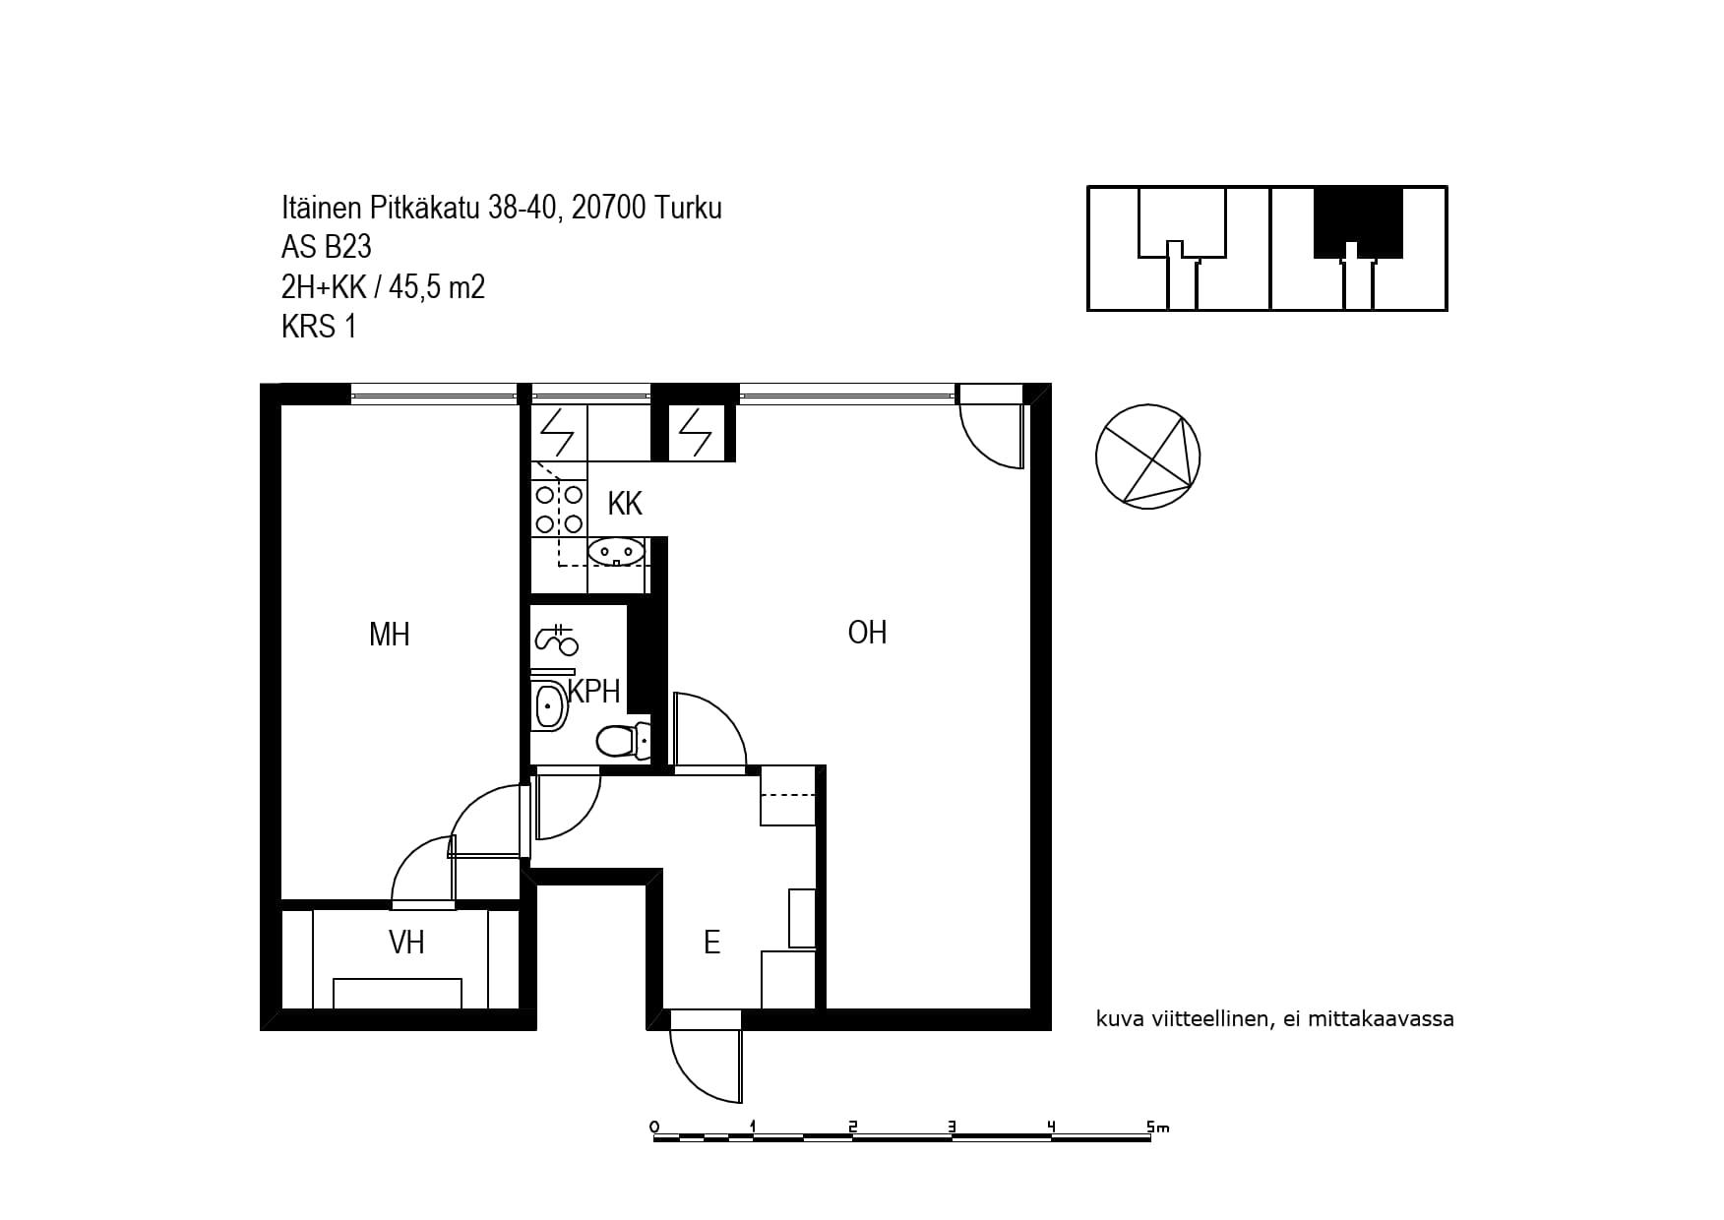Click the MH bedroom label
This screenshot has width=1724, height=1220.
(x=389, y=635)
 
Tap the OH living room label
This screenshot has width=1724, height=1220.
(x=867, y=632)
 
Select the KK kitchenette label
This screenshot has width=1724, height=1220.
(x=625, y=504)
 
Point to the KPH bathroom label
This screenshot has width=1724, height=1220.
(x=594, y=692)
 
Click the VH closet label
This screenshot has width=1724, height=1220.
(x=406, y=943)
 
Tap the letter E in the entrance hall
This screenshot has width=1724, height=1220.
(x=711, y=943)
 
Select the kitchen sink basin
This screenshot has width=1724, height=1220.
(x=616, y=552)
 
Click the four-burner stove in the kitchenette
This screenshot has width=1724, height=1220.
(x=558, y=510)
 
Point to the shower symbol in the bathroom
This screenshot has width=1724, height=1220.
(x=556, y=640)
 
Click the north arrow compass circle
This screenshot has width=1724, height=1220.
(x=1147, y=457)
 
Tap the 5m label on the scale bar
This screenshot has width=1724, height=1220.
(x=1157, y=1128)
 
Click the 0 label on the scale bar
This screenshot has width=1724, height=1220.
(x=654, y=1127)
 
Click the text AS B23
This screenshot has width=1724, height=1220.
(x=326, y=247)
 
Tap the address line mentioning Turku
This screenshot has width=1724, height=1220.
(x=501, y=208)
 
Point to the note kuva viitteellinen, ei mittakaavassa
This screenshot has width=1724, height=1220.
(x=1274, y=1019)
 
